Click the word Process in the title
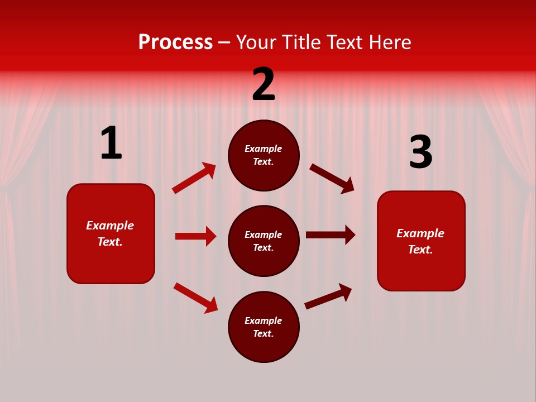(175, 42)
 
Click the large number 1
(111, 143)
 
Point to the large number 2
(264, 84)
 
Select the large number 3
(420, 152)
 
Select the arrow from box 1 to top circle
(194, 178)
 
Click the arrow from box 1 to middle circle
(195, 236)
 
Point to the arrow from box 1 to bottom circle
(195, 298)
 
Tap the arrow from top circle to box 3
(332, 178)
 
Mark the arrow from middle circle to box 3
(331, 235)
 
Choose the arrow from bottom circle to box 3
(328, 296)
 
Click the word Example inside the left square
(110, 226)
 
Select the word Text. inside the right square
(420, 250)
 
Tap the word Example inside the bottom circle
(264, 320)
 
